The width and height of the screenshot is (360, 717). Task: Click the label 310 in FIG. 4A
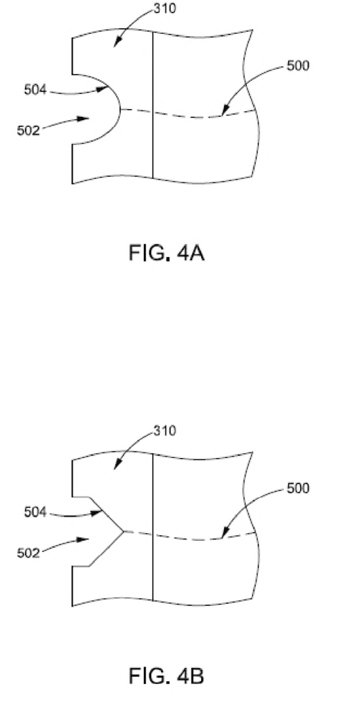pos(164,9)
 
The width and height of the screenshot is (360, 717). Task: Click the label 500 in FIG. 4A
pos(298,66)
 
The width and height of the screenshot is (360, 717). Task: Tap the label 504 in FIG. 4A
pos(35,90)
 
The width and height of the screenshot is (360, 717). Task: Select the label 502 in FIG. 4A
pos(28,131)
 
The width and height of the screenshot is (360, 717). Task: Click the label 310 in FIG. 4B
pos(164,431)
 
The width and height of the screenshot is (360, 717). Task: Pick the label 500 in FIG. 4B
pos(298,488)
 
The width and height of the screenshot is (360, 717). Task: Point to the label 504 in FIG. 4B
pos(35,513)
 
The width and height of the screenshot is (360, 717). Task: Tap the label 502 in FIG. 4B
pos(28,553)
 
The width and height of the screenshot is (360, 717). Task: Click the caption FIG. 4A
pos(167,253)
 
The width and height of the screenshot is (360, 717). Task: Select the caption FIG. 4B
pos(167,676)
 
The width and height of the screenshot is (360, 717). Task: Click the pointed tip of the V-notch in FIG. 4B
pos(124,531)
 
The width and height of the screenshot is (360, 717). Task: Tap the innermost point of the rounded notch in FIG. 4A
pos(120,109)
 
